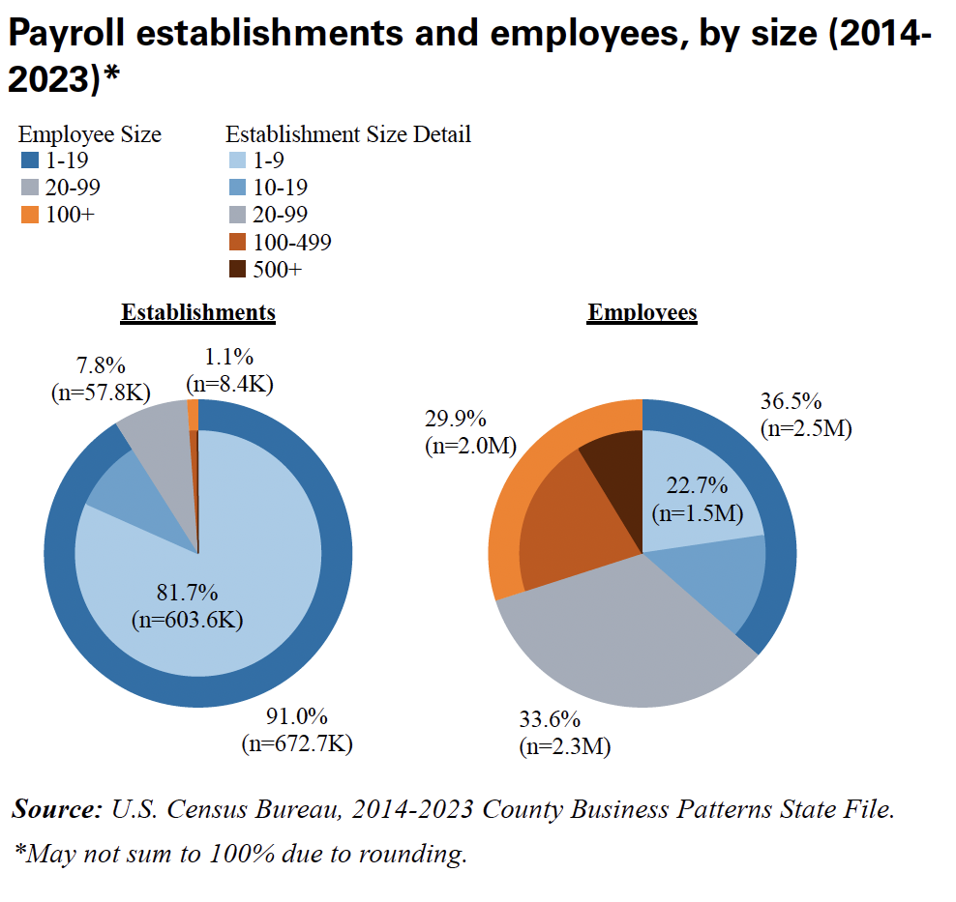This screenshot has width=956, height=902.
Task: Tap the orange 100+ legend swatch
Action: click(x=28, y=215)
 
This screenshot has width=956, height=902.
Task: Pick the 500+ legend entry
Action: click(x=267, y=270)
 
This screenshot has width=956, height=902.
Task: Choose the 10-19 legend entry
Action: click(x=272, y=189)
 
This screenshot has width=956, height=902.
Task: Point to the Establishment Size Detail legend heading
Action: click(x=348, y=134)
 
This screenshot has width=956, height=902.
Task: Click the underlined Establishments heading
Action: click(x=198, y=312)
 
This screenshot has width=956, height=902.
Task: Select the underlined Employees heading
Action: click(x=642, y=312)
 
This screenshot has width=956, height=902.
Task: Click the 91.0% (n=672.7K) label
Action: click(x=297, y=730)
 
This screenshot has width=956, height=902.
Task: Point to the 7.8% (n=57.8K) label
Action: click(x=101, y=379)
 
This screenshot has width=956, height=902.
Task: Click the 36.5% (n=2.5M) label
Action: click(x=806, y=414)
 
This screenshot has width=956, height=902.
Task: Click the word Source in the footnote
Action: click(x=56, y=810)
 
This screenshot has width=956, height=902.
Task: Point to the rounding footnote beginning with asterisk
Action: click(x=240, y=854)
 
